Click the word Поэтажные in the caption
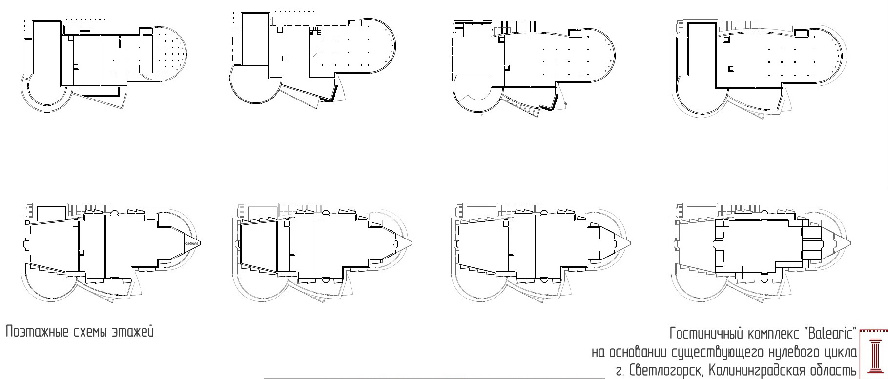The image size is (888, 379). pos(37,333)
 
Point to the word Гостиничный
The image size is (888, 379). pos(705,334)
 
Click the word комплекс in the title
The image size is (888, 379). pos(772,334)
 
